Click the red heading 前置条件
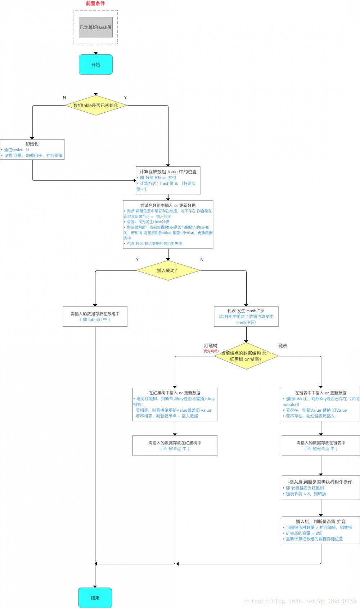tap(95, 4)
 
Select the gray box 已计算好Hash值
tap(96, 27)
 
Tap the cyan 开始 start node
tap(96, 65)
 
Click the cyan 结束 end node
tap(95, 598)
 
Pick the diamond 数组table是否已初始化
tap(96, 106)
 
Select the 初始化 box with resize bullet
tap(32, 149)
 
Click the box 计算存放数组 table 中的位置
tap(168, 180)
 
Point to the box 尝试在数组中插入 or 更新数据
tap(168, 224)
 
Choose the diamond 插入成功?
tap(168, 271)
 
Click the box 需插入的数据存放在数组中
tap(95, 317)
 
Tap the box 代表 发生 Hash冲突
tap(246, 316)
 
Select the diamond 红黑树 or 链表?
tap(246, 356)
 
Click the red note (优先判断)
tap(211, 351)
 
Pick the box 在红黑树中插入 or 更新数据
tap(175, 404)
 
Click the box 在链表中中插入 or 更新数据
tap(321, 404)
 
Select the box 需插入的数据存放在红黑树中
tap(175, 446)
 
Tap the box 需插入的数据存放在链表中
tap(321, 446)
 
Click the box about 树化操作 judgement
tap(321, 488)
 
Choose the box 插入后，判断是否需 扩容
tap(321, 530)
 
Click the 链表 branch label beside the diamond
tap(283, 346)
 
